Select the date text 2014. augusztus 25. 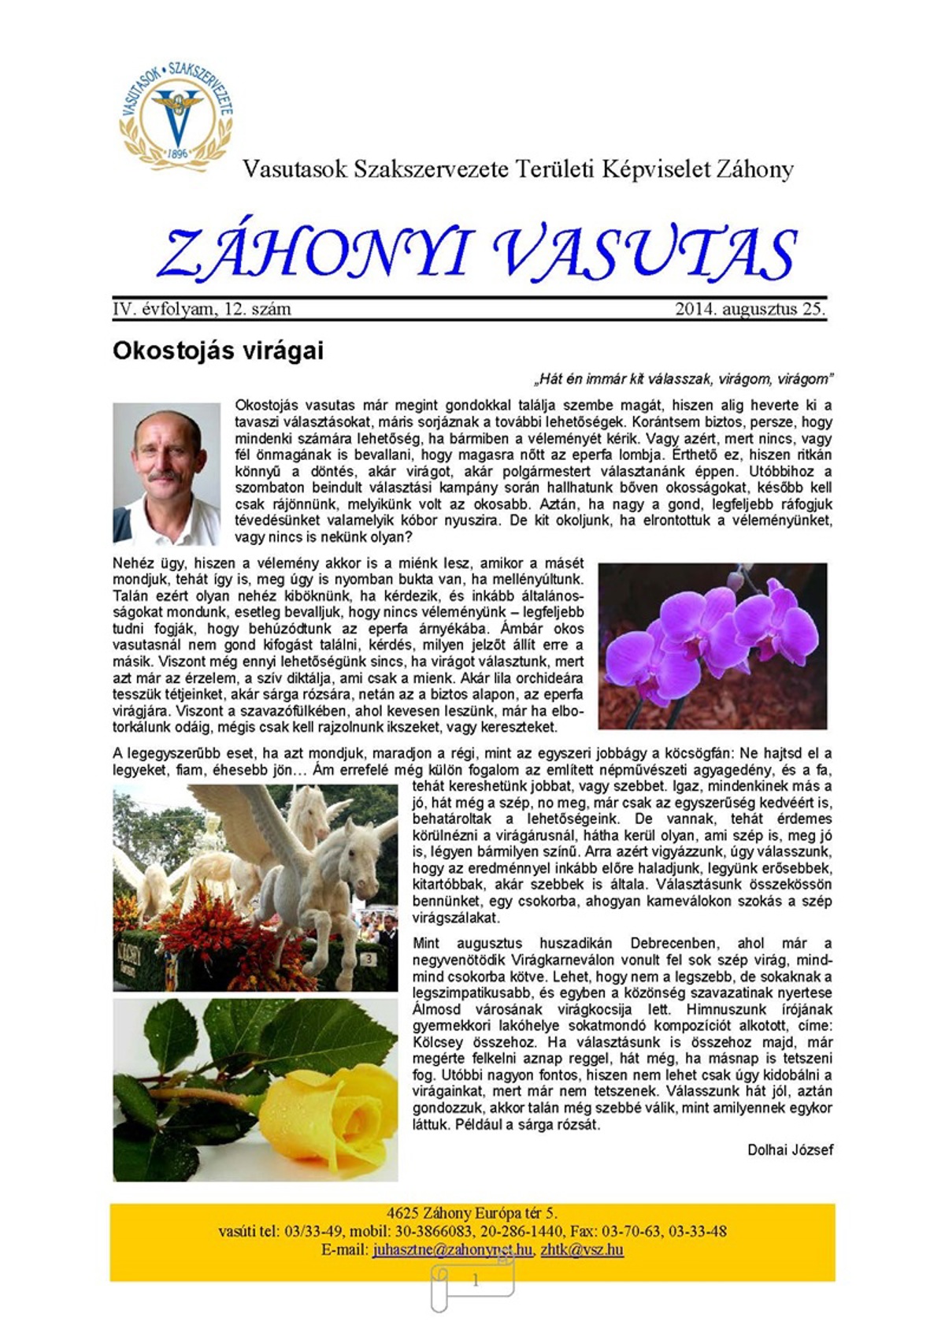pos(750,309)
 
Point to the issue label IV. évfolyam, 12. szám pos(202,309)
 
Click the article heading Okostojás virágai pos(218,351)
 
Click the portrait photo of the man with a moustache pos(166,473)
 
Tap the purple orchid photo pos(712,645)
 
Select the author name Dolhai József pos(790,1149)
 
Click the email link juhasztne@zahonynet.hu pos(454,1249)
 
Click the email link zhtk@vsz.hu pos(582,1249)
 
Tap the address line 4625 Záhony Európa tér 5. pos(472,1213)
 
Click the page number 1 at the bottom pos(475,1281)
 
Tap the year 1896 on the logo pos(178,154)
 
